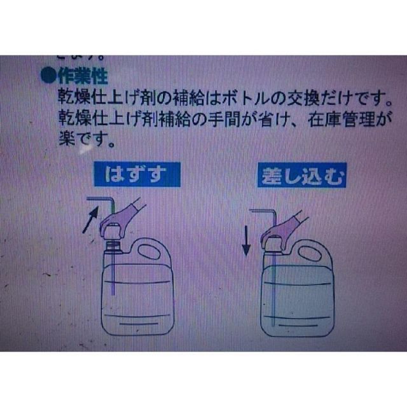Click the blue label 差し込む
302,176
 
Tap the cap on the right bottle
272,242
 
